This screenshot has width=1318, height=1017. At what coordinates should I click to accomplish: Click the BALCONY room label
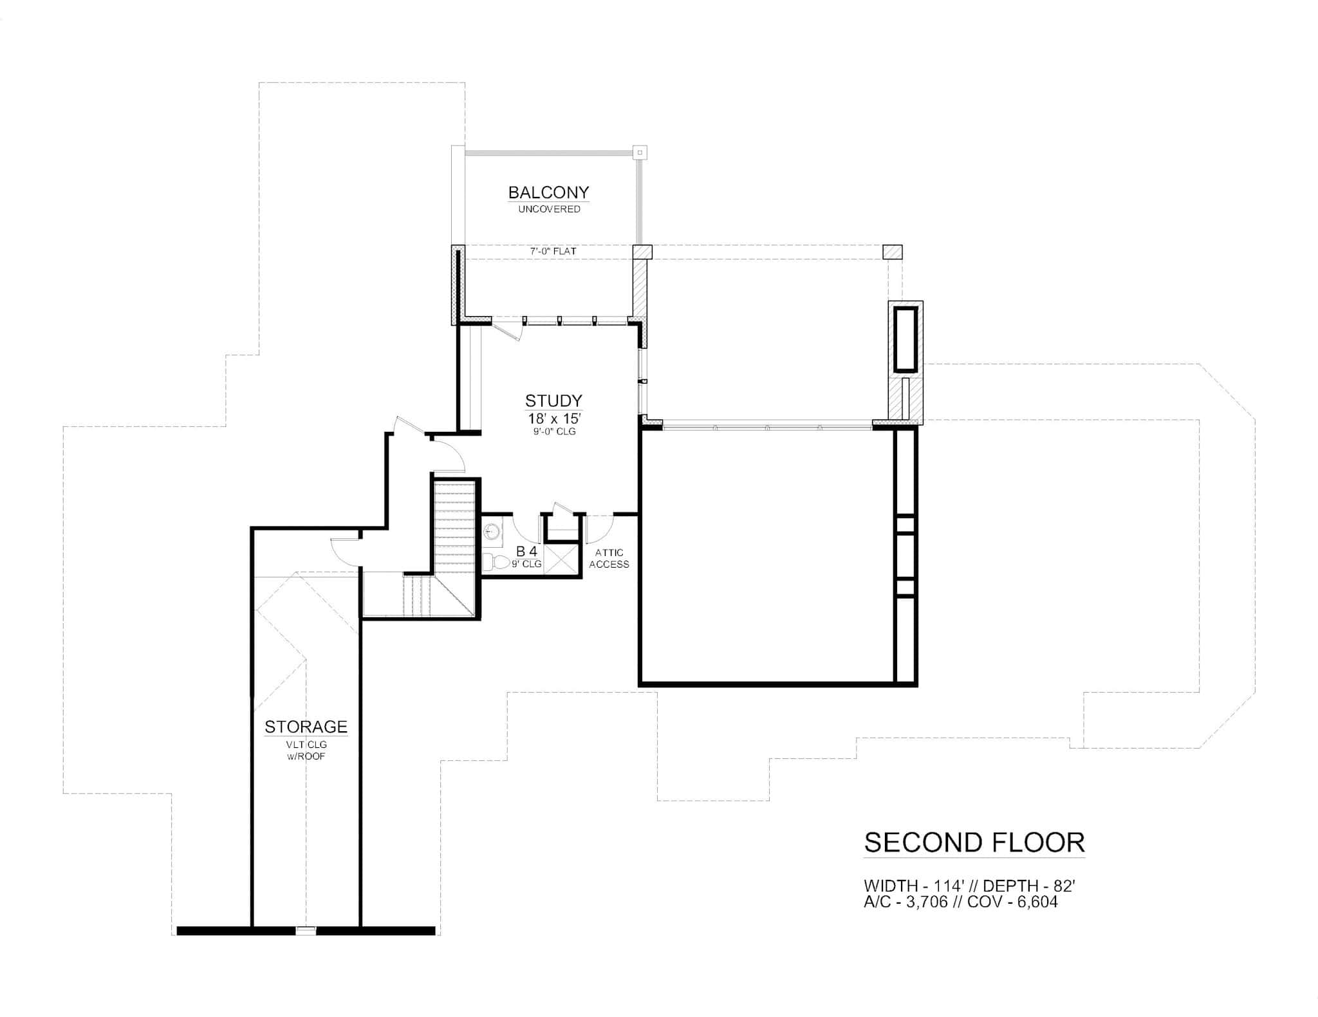548,192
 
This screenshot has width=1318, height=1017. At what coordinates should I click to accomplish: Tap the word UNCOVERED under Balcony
549,209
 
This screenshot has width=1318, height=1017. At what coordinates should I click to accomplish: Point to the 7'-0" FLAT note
553,251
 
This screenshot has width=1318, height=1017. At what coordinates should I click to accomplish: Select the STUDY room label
553,401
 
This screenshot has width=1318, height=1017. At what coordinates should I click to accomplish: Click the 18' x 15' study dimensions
553,418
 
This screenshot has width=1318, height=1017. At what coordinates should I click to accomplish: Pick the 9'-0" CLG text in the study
554,431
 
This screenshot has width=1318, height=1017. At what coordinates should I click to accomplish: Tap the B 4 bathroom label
526,551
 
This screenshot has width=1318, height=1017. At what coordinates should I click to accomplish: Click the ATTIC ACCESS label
609,558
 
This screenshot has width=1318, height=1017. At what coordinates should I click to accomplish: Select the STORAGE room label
306,727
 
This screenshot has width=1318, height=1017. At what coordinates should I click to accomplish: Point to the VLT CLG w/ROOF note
306,751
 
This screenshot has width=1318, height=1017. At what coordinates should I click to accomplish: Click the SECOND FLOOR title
974,843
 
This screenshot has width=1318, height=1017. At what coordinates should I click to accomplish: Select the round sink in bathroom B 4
492,532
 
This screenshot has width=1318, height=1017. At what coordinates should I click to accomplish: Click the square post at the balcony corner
640,153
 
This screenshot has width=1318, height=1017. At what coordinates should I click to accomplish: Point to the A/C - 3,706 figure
905,902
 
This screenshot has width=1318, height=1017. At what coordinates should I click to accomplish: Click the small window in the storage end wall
306,930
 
